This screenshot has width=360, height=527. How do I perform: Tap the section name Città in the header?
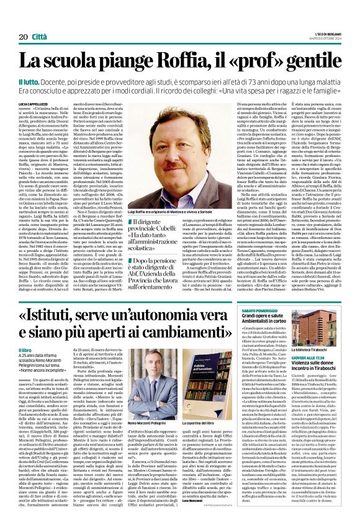pyautogui.click(x=38, y=37)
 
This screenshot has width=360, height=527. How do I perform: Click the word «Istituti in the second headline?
pyautogui.click(x=60, y=321)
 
